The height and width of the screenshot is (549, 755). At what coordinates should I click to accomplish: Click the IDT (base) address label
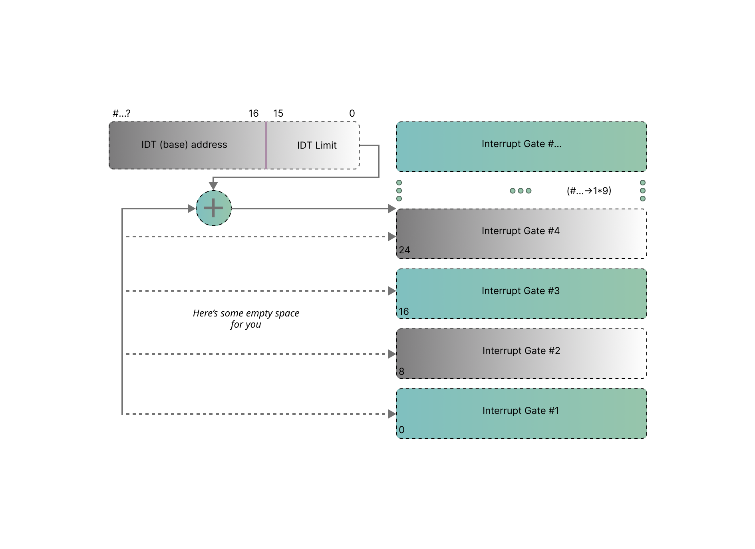(x=184, y=145)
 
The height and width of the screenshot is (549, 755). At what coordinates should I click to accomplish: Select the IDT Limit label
(x=317, y=145)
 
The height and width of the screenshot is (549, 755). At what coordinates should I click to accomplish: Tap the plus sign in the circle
(x=213, y=208)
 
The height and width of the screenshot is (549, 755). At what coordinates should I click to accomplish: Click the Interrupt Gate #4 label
(x=521, y=231)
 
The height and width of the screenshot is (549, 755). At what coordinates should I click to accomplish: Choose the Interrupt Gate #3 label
(x=521, y=291)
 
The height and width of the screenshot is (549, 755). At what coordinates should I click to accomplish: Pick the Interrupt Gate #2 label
(x=521, y=351)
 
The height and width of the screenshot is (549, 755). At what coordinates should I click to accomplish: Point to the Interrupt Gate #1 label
(x=521, y=411)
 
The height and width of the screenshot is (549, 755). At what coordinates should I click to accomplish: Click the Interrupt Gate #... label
(x=521, y=144)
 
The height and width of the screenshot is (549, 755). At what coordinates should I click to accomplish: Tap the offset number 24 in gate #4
(x=404, y=250)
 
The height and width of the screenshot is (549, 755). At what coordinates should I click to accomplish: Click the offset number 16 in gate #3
(x=403, y=312)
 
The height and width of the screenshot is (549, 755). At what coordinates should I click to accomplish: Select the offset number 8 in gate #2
(x=401, y=372)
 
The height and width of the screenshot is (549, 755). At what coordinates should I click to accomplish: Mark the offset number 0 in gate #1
(x=401, y=430)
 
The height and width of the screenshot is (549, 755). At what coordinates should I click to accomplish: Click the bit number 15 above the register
(x=278, y=113)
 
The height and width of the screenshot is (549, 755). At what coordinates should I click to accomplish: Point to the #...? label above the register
(x=121, y=113)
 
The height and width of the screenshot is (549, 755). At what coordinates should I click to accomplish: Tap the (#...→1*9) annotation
(x=589, y=191)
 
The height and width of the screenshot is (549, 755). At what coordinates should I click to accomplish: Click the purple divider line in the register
(x=266, y=145)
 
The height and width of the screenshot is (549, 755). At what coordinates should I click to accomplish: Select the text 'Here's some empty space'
(x=246, y=313)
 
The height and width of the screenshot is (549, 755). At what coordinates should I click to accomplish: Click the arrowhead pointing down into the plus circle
(x=213, y=186)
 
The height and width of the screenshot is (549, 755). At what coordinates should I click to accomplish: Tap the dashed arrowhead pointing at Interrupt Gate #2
(x=392, y=354)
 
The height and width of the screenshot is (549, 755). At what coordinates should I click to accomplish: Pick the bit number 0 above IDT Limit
(x=352, y=113)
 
